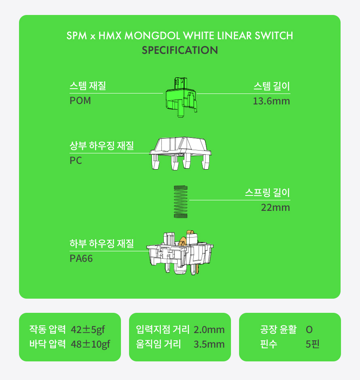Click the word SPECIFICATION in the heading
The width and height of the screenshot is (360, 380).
180,50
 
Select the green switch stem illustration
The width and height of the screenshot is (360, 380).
181,97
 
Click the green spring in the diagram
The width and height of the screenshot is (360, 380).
180,202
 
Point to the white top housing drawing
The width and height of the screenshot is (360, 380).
180,153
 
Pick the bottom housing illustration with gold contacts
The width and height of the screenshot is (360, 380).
180,253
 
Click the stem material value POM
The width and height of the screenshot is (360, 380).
80,101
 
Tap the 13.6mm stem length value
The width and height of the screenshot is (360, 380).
271,101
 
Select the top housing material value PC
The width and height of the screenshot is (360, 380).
76,160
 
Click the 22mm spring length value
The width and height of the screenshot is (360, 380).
275,208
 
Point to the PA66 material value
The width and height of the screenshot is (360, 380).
81,259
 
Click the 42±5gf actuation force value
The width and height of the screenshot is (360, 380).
88,329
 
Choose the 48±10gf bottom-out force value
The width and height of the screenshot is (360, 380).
90,344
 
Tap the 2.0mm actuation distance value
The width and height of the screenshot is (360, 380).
209,330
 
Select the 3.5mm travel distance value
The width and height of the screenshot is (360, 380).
209,344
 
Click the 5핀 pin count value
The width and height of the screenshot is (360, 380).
313,344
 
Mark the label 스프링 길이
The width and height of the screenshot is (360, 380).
267,193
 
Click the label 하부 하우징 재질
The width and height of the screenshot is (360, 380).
102,244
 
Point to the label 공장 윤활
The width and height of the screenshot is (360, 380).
278,329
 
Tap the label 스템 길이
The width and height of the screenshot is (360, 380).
272,86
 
